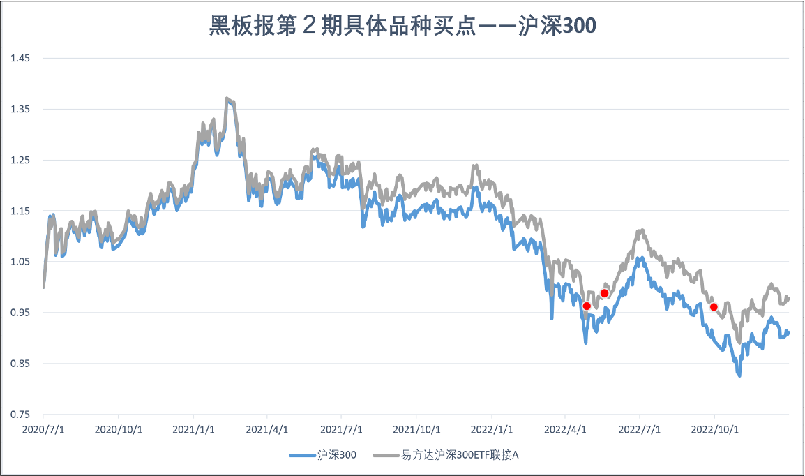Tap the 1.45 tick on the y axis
click(x=20, y=58)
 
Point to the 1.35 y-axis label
click(x=20, y=109)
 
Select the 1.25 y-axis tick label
click(x=20, y=160)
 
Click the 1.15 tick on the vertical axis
click(x=20, y=211)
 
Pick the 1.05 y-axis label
click(x=20, y=262)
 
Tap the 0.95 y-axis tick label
click(x=20, y=313)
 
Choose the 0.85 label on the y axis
click(x=20, y=364)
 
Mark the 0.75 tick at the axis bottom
click(x=20, y=415)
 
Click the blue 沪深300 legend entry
click(x=324, y=455)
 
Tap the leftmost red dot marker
click(x=587, y=306)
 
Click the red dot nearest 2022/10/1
click(x=714, y=307)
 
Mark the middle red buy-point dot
click(x=604, y=293)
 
